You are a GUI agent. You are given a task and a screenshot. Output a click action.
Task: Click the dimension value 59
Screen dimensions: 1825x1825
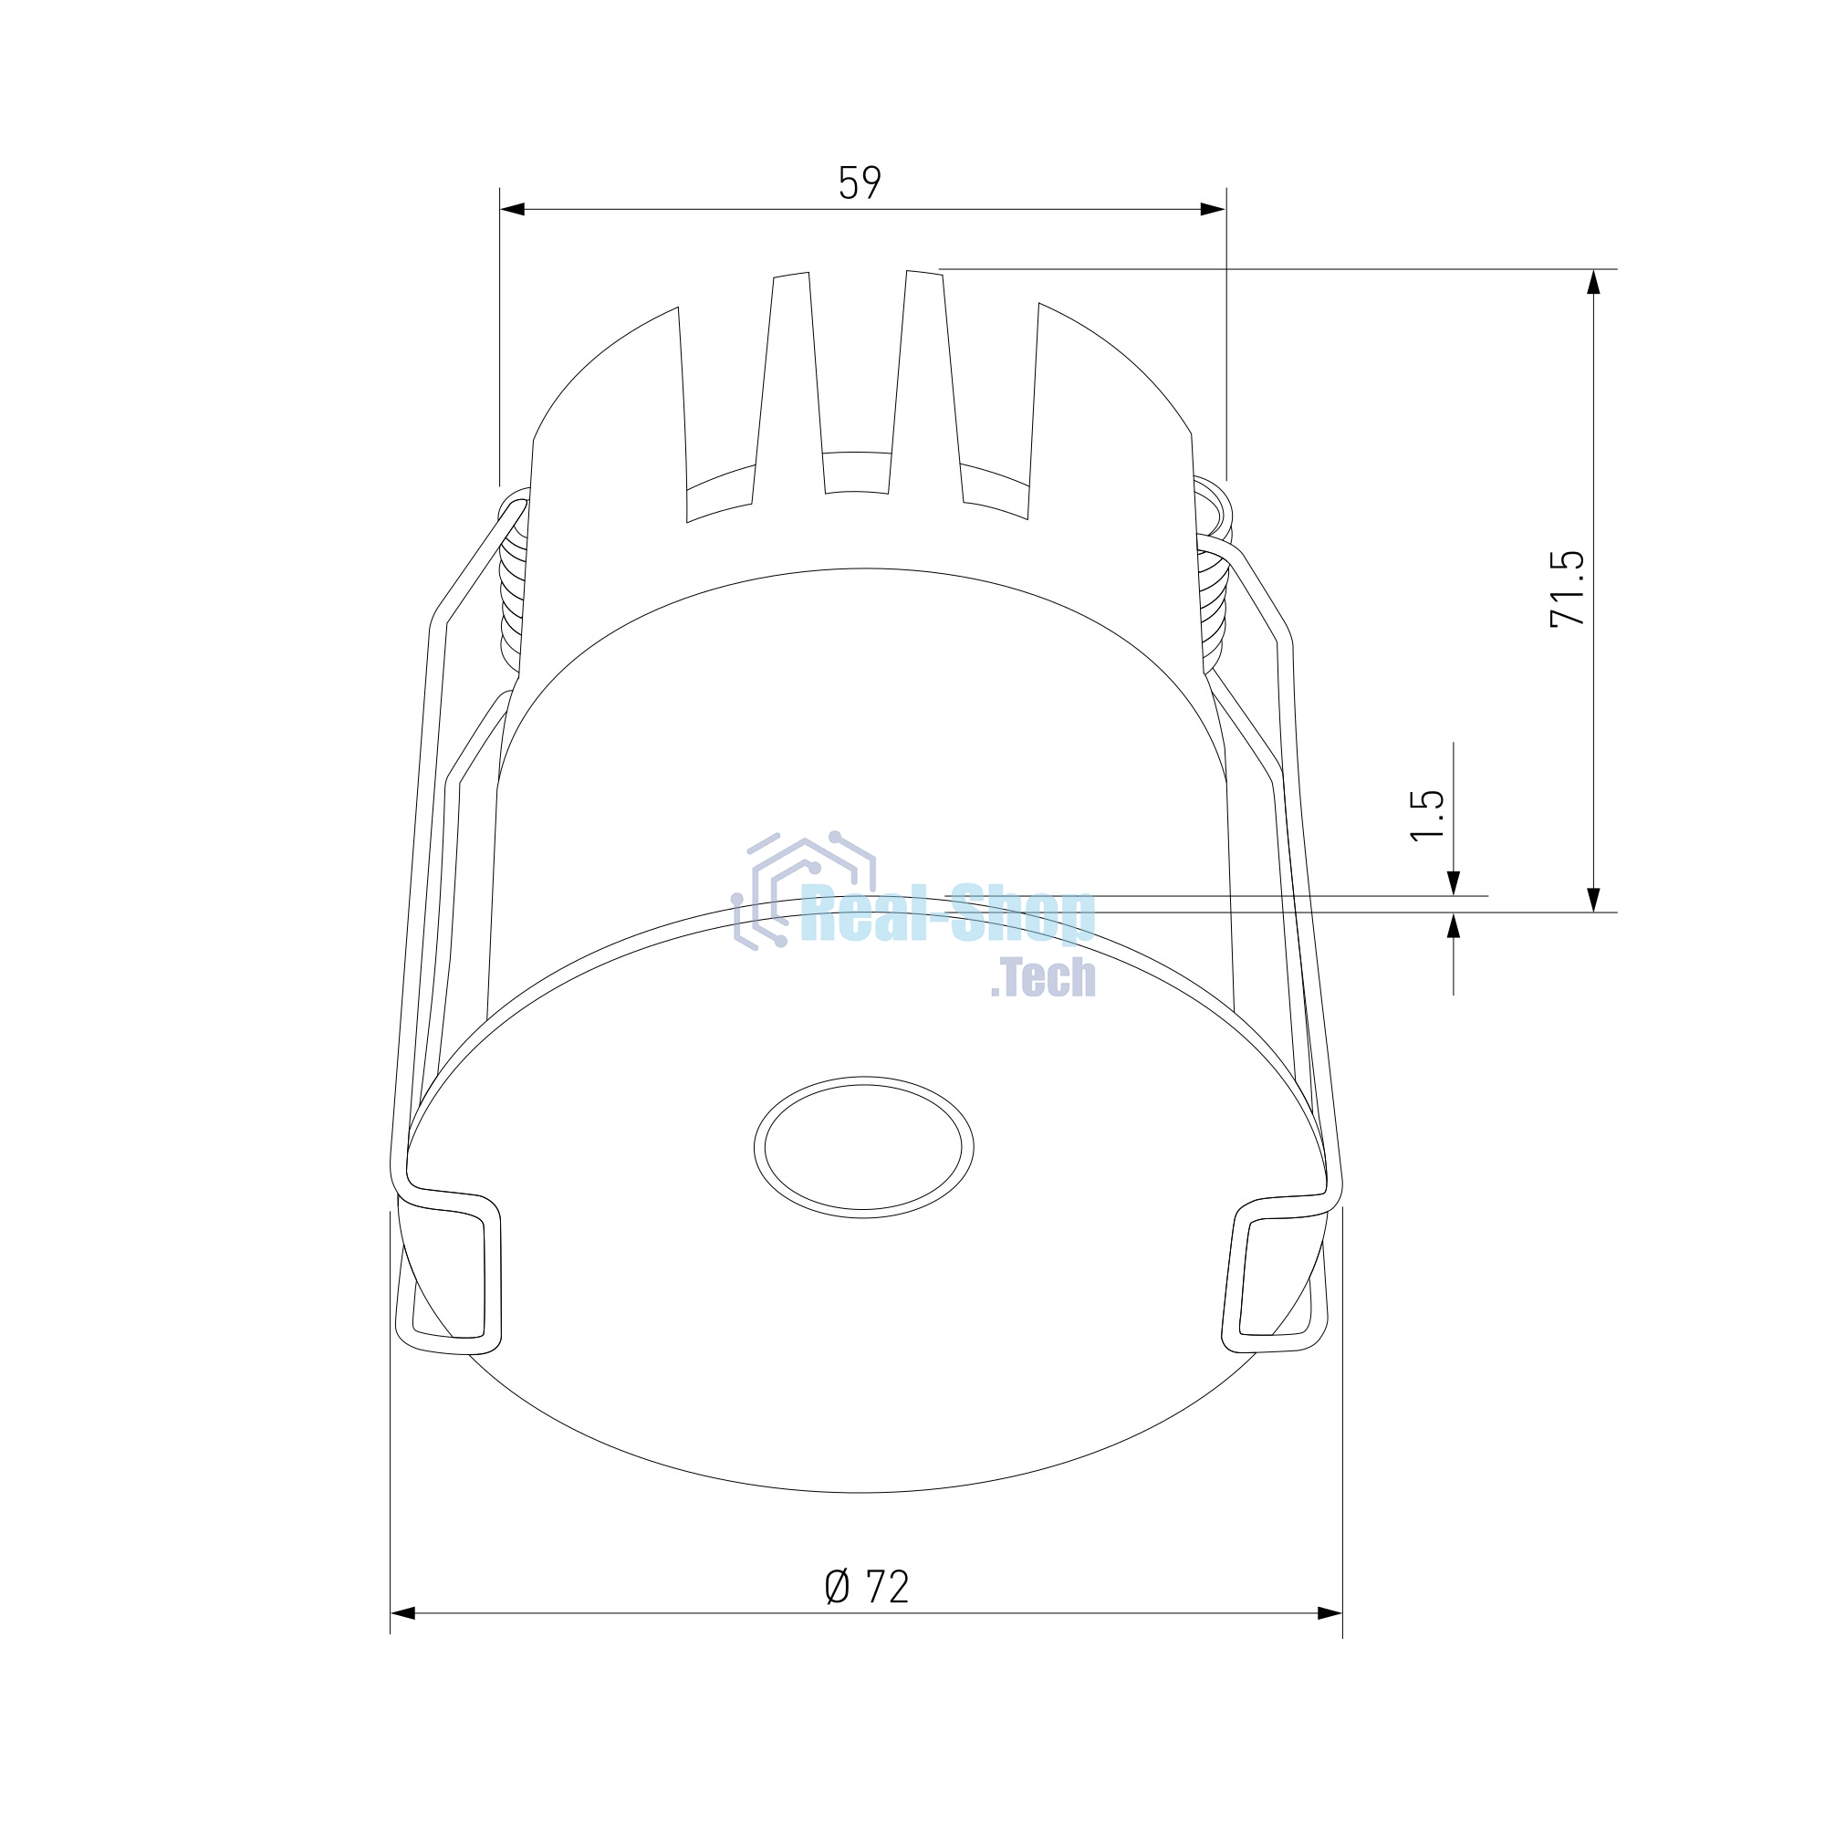860,182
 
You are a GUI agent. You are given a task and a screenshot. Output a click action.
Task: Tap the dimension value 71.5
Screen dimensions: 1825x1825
1567,589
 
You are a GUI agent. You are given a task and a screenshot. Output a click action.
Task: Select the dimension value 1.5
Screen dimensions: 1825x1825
1426,815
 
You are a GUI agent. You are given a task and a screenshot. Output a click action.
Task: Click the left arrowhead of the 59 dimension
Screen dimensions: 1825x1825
512,209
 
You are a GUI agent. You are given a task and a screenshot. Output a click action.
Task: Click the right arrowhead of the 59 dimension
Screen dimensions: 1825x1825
1213,209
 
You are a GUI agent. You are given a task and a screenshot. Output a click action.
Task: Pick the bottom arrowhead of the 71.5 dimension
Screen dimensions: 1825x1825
1593,900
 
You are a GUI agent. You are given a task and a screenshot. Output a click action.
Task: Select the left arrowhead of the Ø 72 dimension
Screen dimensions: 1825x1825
403,1612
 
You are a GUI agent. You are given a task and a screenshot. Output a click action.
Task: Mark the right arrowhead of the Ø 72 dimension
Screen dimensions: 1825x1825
1330,1612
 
